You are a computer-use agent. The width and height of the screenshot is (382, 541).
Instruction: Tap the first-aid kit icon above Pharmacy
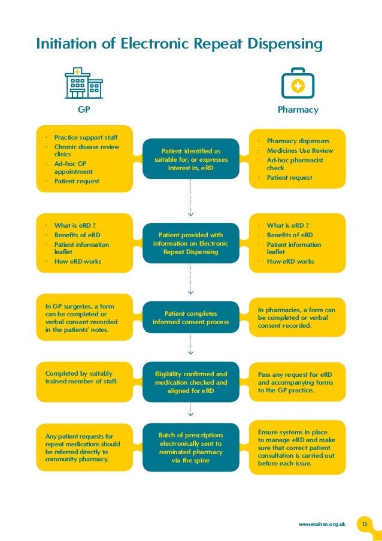pyautogui.click(x=297, y=85)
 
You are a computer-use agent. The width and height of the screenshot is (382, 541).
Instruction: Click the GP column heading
pyautogui.click(x=83, y=110)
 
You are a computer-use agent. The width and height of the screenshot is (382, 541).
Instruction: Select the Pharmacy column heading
pyautogui.click(x=298, y=110)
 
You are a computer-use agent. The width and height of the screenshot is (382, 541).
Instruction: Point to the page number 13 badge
pyautogui.click(x=363, y=524)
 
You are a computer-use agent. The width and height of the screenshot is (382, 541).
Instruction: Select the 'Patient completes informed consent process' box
pyautogui.click(x=190, y=318)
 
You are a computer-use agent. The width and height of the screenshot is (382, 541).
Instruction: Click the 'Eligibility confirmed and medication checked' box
pyautogui.click(x=190, y=382)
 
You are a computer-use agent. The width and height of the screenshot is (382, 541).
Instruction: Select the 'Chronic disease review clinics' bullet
pyautogui.click(x=86, y=150)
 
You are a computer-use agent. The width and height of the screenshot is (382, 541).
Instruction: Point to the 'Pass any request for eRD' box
pyautogui.click(x=297, y=382)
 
